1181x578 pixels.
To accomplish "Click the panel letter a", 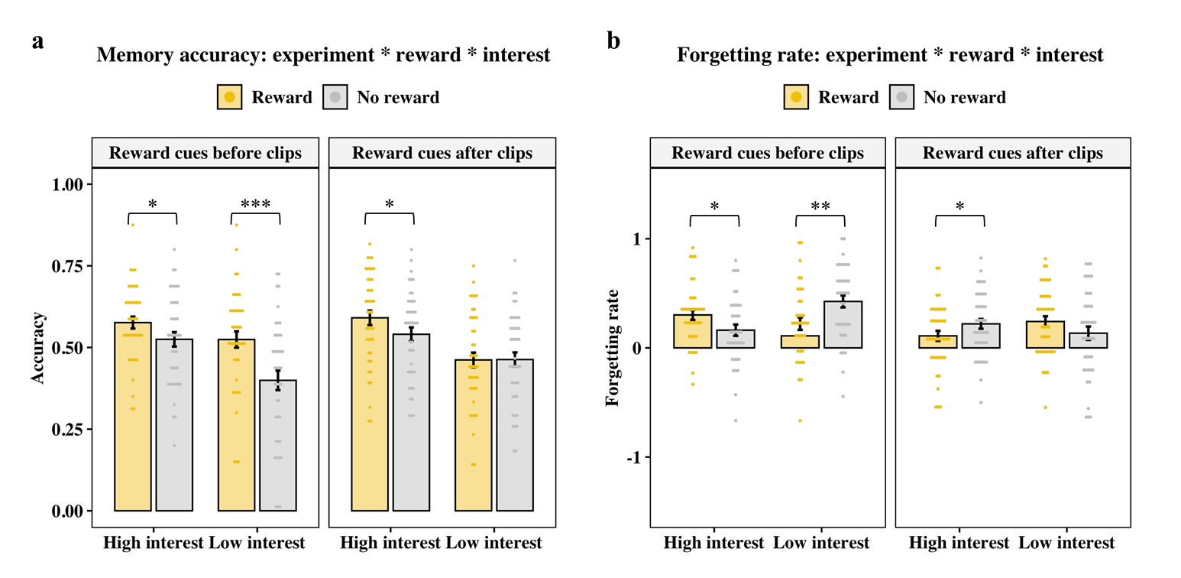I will [38, 42].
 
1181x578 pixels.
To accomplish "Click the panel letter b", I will [613, 42].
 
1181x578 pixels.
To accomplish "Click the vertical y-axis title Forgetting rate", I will [612, 347].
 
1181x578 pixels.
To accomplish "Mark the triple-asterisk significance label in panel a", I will [255, 205].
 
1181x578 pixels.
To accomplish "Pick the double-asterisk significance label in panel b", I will [820, 206].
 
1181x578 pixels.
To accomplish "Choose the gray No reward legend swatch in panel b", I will [901, 97].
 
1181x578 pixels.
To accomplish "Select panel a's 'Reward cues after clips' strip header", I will [442, 152].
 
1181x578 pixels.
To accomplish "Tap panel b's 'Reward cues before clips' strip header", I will [768, 152].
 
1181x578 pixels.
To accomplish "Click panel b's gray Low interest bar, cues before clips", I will [844, 325].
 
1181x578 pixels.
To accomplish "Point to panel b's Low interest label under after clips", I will [1066, 544].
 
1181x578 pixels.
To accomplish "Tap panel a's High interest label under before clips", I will [154, 544].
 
